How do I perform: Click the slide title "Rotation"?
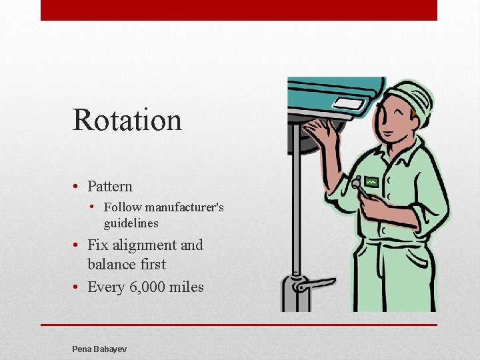click(127, 120)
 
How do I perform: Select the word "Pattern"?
click(110, 187)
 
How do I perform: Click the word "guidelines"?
click(131, 223)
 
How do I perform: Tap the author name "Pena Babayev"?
click(99, 349)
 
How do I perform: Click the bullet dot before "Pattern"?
click(77, 187)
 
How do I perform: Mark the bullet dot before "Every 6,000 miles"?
click(77, 287)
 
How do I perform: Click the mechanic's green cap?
click(411, 99)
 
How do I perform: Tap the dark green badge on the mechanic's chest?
click(371, 182)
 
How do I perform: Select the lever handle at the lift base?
click(313, 285)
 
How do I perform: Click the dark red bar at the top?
click(239, 10)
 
